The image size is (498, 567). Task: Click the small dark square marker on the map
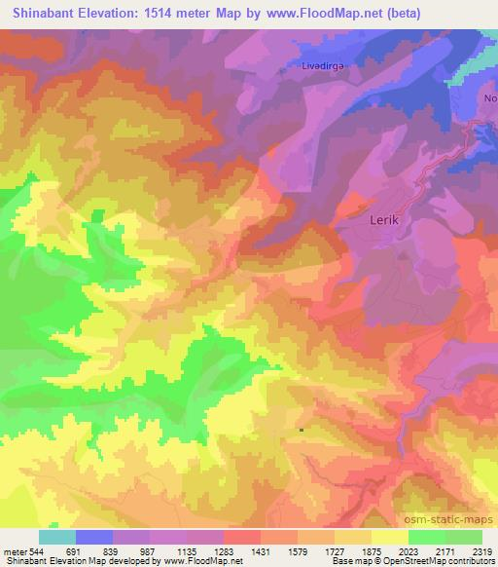click(x=301, y=429)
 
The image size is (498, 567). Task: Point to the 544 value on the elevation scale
click(x=37, y=550)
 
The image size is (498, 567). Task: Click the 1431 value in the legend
click(x=260, y=550)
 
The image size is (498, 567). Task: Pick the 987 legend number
click(x=149, y=550)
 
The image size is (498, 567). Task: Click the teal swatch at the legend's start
click(x=57, y=536)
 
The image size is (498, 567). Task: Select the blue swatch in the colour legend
click(x=94, y=536)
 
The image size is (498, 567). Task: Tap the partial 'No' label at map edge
click(x=490, y=99)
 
